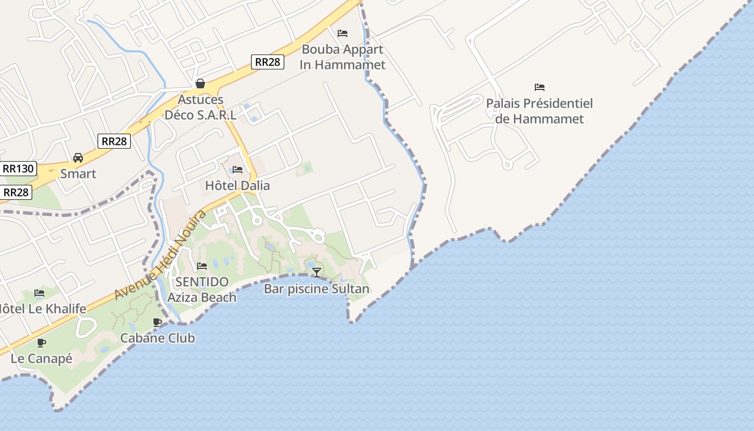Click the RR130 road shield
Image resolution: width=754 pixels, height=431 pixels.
[x=18, y=169]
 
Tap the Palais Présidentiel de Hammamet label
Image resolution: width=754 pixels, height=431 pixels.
[x=539, y=111]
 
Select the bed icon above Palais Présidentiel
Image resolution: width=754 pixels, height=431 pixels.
[x=540, y=87]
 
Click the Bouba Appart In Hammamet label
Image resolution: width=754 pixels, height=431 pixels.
[x=343, y=57]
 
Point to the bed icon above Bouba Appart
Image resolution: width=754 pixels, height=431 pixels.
[x=343, y=33]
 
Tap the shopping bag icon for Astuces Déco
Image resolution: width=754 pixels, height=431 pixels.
[x=200, y=84]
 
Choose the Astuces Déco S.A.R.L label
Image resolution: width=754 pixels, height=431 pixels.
[x=200, y=107]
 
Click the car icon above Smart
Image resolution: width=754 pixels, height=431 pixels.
[x=78, y=158]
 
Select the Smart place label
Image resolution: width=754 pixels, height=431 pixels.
[x=78, y=173]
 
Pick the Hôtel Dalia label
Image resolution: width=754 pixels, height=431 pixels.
[x=238, y=185]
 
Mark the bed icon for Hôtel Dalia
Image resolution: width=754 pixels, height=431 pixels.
[x=238, y=170]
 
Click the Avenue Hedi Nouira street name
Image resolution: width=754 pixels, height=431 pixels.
[x=160, y=255]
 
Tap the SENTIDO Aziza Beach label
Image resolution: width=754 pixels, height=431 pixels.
[x=202, y=289]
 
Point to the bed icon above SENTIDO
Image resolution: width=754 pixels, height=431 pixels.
[x=202, y=266]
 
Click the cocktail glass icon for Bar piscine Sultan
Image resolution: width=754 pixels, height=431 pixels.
[x=317, y=273]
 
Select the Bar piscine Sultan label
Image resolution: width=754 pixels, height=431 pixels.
[x=317, y=289]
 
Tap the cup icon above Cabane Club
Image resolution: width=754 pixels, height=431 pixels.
[x=157, y=322]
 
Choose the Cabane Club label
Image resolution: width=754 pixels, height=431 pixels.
[x=157, y=338]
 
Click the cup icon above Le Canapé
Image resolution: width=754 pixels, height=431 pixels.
[x=41, y=343]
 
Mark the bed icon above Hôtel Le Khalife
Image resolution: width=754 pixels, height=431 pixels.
[x=39, y=293]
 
